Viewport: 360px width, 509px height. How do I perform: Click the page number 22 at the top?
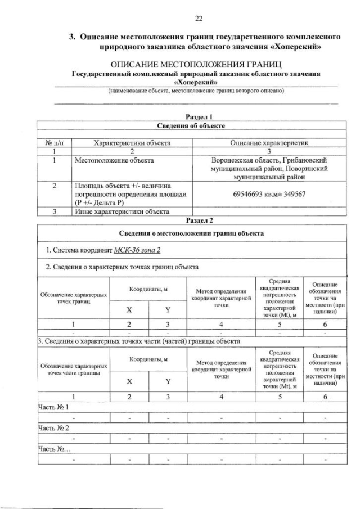(x=198, y=19)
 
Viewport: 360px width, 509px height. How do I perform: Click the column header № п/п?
(x=52, y=143)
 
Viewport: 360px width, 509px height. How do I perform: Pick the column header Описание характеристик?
(x=268, y=143)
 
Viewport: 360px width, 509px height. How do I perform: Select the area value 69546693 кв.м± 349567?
(x=268, y=195)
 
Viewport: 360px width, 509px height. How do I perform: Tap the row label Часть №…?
(x=54, y=449)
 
